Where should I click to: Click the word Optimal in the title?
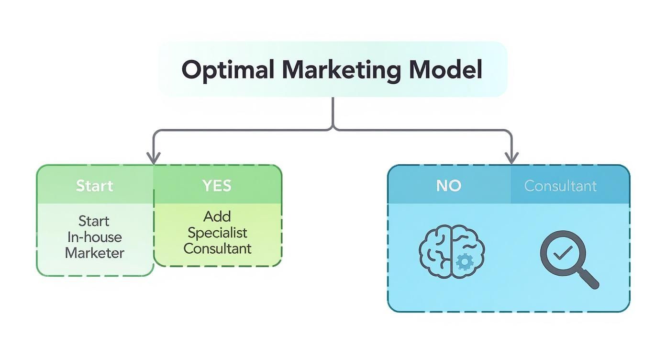point(228,70)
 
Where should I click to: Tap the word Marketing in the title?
point(341,70)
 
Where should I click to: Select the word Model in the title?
point(445,70)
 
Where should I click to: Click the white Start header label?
point(95,186)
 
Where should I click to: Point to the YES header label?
point(217,186)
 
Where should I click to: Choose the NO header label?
point(448,186)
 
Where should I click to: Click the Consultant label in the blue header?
point(560,186)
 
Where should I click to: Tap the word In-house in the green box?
point(94,237)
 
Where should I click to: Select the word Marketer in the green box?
point(94,253)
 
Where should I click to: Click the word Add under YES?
point(217,216)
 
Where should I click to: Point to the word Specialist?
point(217,233)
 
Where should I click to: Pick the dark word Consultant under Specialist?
point(217,248)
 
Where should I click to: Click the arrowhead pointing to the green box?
point(153,157)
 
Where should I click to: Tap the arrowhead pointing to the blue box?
point(512,157)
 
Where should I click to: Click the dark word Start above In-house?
point(94,221)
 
